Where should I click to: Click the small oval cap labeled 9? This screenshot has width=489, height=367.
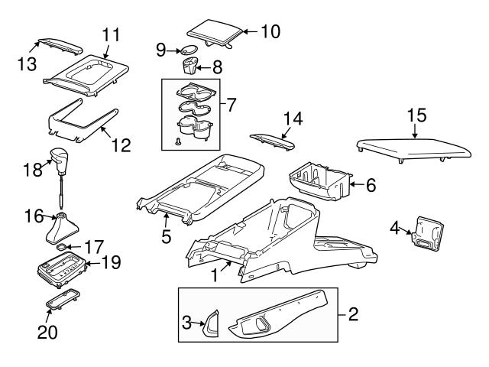pyautogui.click(x=186, y=50)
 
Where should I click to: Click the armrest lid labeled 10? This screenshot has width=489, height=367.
pyautogui.click(x=214, y=28)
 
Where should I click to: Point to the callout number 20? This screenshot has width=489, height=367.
pyautogui.click(x=47, y=333)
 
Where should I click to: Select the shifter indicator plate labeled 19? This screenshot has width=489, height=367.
pyautogui.click(x=62, y=268)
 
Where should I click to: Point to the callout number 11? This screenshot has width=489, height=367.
pyautogui.click(x=112, y=34)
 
